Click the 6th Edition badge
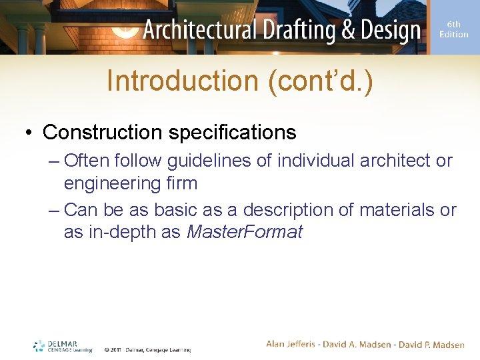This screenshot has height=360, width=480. click(454, 29)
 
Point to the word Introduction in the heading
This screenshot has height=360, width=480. click(182, 81)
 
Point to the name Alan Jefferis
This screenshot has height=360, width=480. click(292, 344)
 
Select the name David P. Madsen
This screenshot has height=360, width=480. click(432, 344)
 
